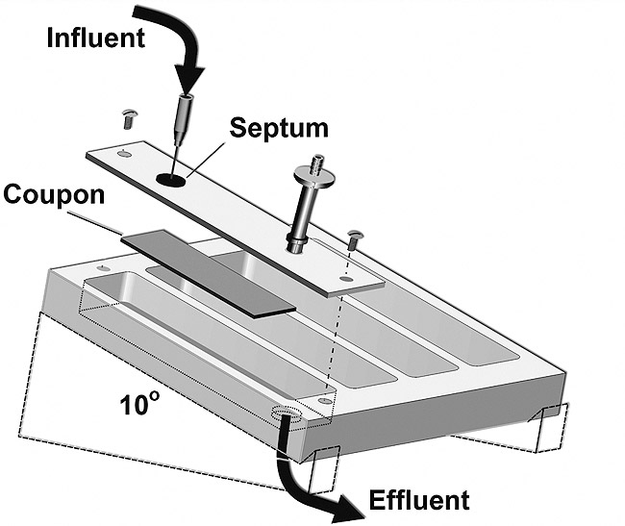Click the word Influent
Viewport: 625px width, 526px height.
click(x=95, y=38)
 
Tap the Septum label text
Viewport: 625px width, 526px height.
click(x=279, y=129)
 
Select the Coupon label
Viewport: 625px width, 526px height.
click(x=54, y=194)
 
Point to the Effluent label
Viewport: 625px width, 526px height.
click(x=419, y=500)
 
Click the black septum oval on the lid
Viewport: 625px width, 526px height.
click(x=170, y=180)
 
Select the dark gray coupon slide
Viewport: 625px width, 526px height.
click(x=208, y=273)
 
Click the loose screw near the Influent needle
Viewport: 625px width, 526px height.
click(x=129, y=118)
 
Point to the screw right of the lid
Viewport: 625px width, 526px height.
click(x=353, y=239)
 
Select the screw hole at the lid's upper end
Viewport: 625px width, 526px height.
click(x=124, y=153)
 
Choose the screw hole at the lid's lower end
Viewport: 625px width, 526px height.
click(x=346, y=279)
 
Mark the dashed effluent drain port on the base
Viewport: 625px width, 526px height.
click(x=287, y=413)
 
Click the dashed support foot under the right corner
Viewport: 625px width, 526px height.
click(x=549, y=429)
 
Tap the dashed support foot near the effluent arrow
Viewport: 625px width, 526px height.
click(x=323, y=470)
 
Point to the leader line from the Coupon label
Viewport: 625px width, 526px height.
click(x=94, y=223)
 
